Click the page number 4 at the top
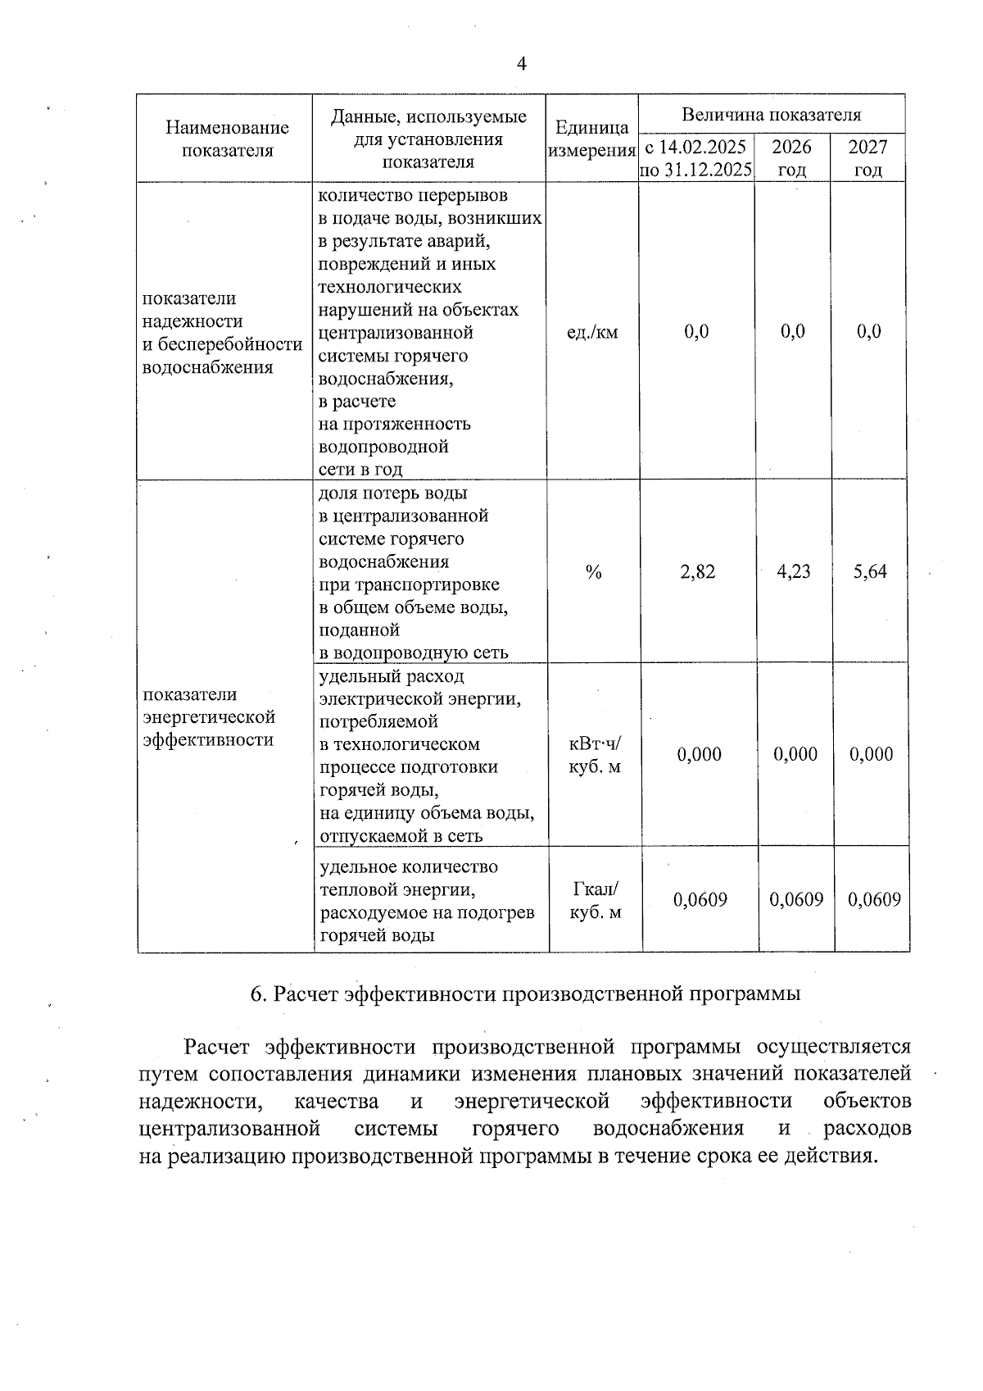click(x=522, y=64)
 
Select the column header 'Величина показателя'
click(x=772, y=115)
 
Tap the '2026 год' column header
click(x=792, y=158)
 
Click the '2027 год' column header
click(x=868, y=158)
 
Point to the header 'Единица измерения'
click(x=591, y=139)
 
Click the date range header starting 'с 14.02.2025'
click(x=696, y=158)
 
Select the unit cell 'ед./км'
click(x=592, y=332)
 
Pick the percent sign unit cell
click(x=594, y=572)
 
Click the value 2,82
click(x=697, y=572)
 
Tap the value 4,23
click(x=794, y=572)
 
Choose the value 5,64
click(x=870, y=572)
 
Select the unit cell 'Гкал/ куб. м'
click(x=596, y=901)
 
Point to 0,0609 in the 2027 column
click(x=874, y=900)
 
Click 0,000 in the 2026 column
click(x=795, y=755)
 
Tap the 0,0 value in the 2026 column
click(x=793, y=332)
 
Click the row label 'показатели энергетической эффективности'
click(x=209, y=717)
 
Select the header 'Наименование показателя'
click(x=227, y=139)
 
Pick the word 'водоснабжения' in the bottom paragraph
click(x=668, y=1129)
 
